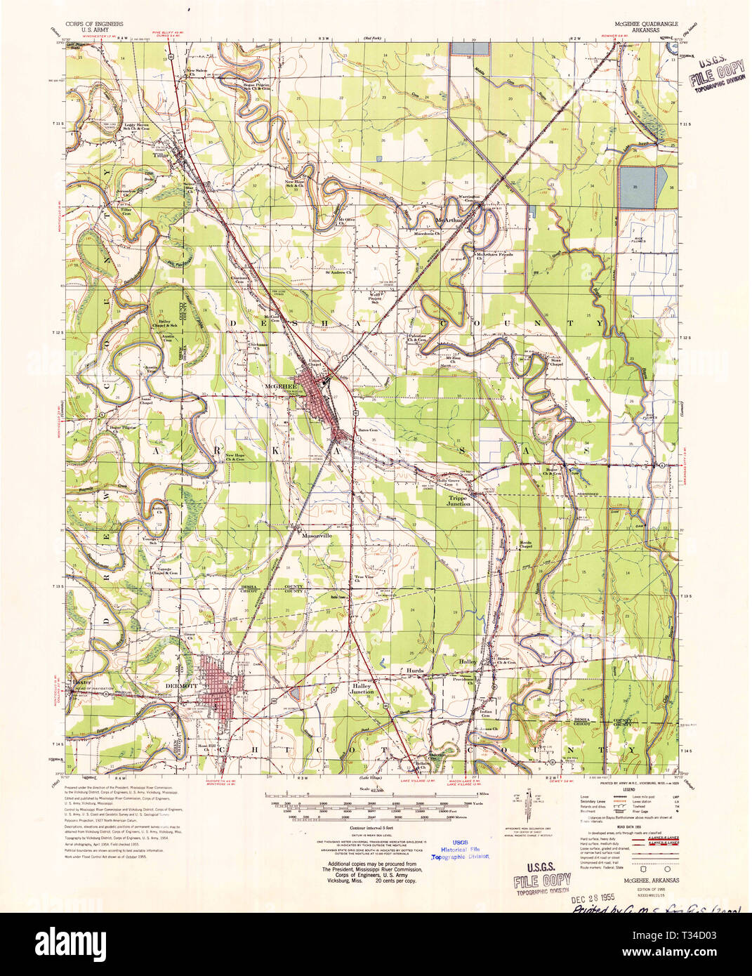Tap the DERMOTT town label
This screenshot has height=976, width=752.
[176, 685]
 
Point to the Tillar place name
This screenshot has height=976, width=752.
[162, 156]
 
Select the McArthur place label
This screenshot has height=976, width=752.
[450, 220]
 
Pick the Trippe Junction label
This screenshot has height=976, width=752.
[459, 501]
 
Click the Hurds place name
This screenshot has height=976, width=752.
[414, 671]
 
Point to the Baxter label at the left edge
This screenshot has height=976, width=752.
[78, 681]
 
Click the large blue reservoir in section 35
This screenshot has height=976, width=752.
[639, 186]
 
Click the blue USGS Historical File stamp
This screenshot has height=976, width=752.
[460, 849]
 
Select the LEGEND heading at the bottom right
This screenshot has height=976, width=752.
[624, 790]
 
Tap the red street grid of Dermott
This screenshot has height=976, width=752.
[222, 680]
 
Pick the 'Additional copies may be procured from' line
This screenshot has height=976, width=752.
[372, 864]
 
